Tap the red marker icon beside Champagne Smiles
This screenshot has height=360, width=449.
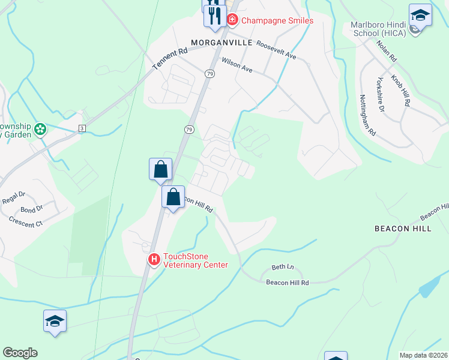click(232, 20)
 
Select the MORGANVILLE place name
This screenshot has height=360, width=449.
click(220, 42)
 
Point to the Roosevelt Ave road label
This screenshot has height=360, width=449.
click(276, 50)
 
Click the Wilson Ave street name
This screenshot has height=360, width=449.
click(237, 65)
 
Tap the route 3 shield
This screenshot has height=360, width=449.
click(82, 128)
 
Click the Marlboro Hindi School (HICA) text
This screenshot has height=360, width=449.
click(378, 28)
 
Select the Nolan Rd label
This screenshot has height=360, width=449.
click(387, 51)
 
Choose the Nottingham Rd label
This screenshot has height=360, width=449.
click(367, 114)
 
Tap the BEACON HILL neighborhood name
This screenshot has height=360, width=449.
click(403, 229)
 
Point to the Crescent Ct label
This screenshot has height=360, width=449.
click(26, 221)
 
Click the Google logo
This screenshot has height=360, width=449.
click(20, 353)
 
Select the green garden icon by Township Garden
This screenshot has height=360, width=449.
click(40, 129)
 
